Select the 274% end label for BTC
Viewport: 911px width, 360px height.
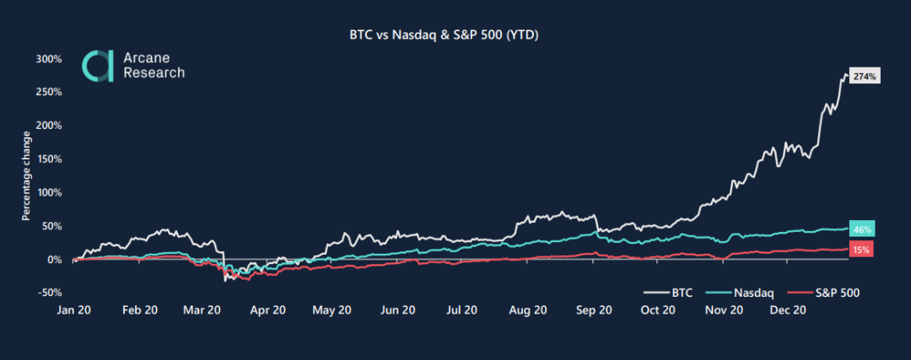click(x=865, y=77)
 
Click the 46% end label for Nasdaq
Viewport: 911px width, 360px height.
click(x=862, y=229)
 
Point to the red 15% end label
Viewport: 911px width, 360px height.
click(x=862, y=249)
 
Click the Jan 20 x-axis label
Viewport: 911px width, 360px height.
click(x=75, y=310)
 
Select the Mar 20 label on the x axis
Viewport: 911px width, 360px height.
click(x=202, y=310)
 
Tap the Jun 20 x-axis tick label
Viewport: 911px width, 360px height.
click(x=396, y=310)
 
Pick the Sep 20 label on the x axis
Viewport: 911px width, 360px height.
click(x=594, y=310)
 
